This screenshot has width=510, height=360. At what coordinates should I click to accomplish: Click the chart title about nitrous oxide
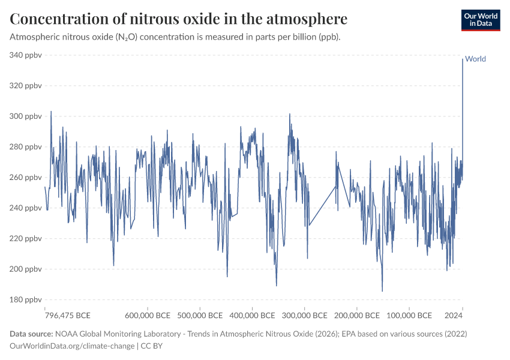[179, 19]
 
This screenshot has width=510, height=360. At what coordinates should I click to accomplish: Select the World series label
[475, 59]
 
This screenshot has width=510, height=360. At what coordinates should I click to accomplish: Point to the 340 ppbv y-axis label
[25, 55]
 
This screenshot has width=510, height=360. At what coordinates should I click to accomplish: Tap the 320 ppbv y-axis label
[25, 86]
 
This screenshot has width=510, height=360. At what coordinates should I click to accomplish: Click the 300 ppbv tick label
[25, 116]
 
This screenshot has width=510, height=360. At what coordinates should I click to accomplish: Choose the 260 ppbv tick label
[25, 178]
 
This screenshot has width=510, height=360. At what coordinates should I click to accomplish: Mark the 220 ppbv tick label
[25, 239]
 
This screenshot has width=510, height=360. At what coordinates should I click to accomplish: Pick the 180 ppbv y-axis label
[25, 300]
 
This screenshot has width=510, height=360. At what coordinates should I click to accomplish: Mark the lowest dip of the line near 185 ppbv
[382, 291]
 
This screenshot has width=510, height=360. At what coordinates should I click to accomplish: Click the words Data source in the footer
[31, 334]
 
